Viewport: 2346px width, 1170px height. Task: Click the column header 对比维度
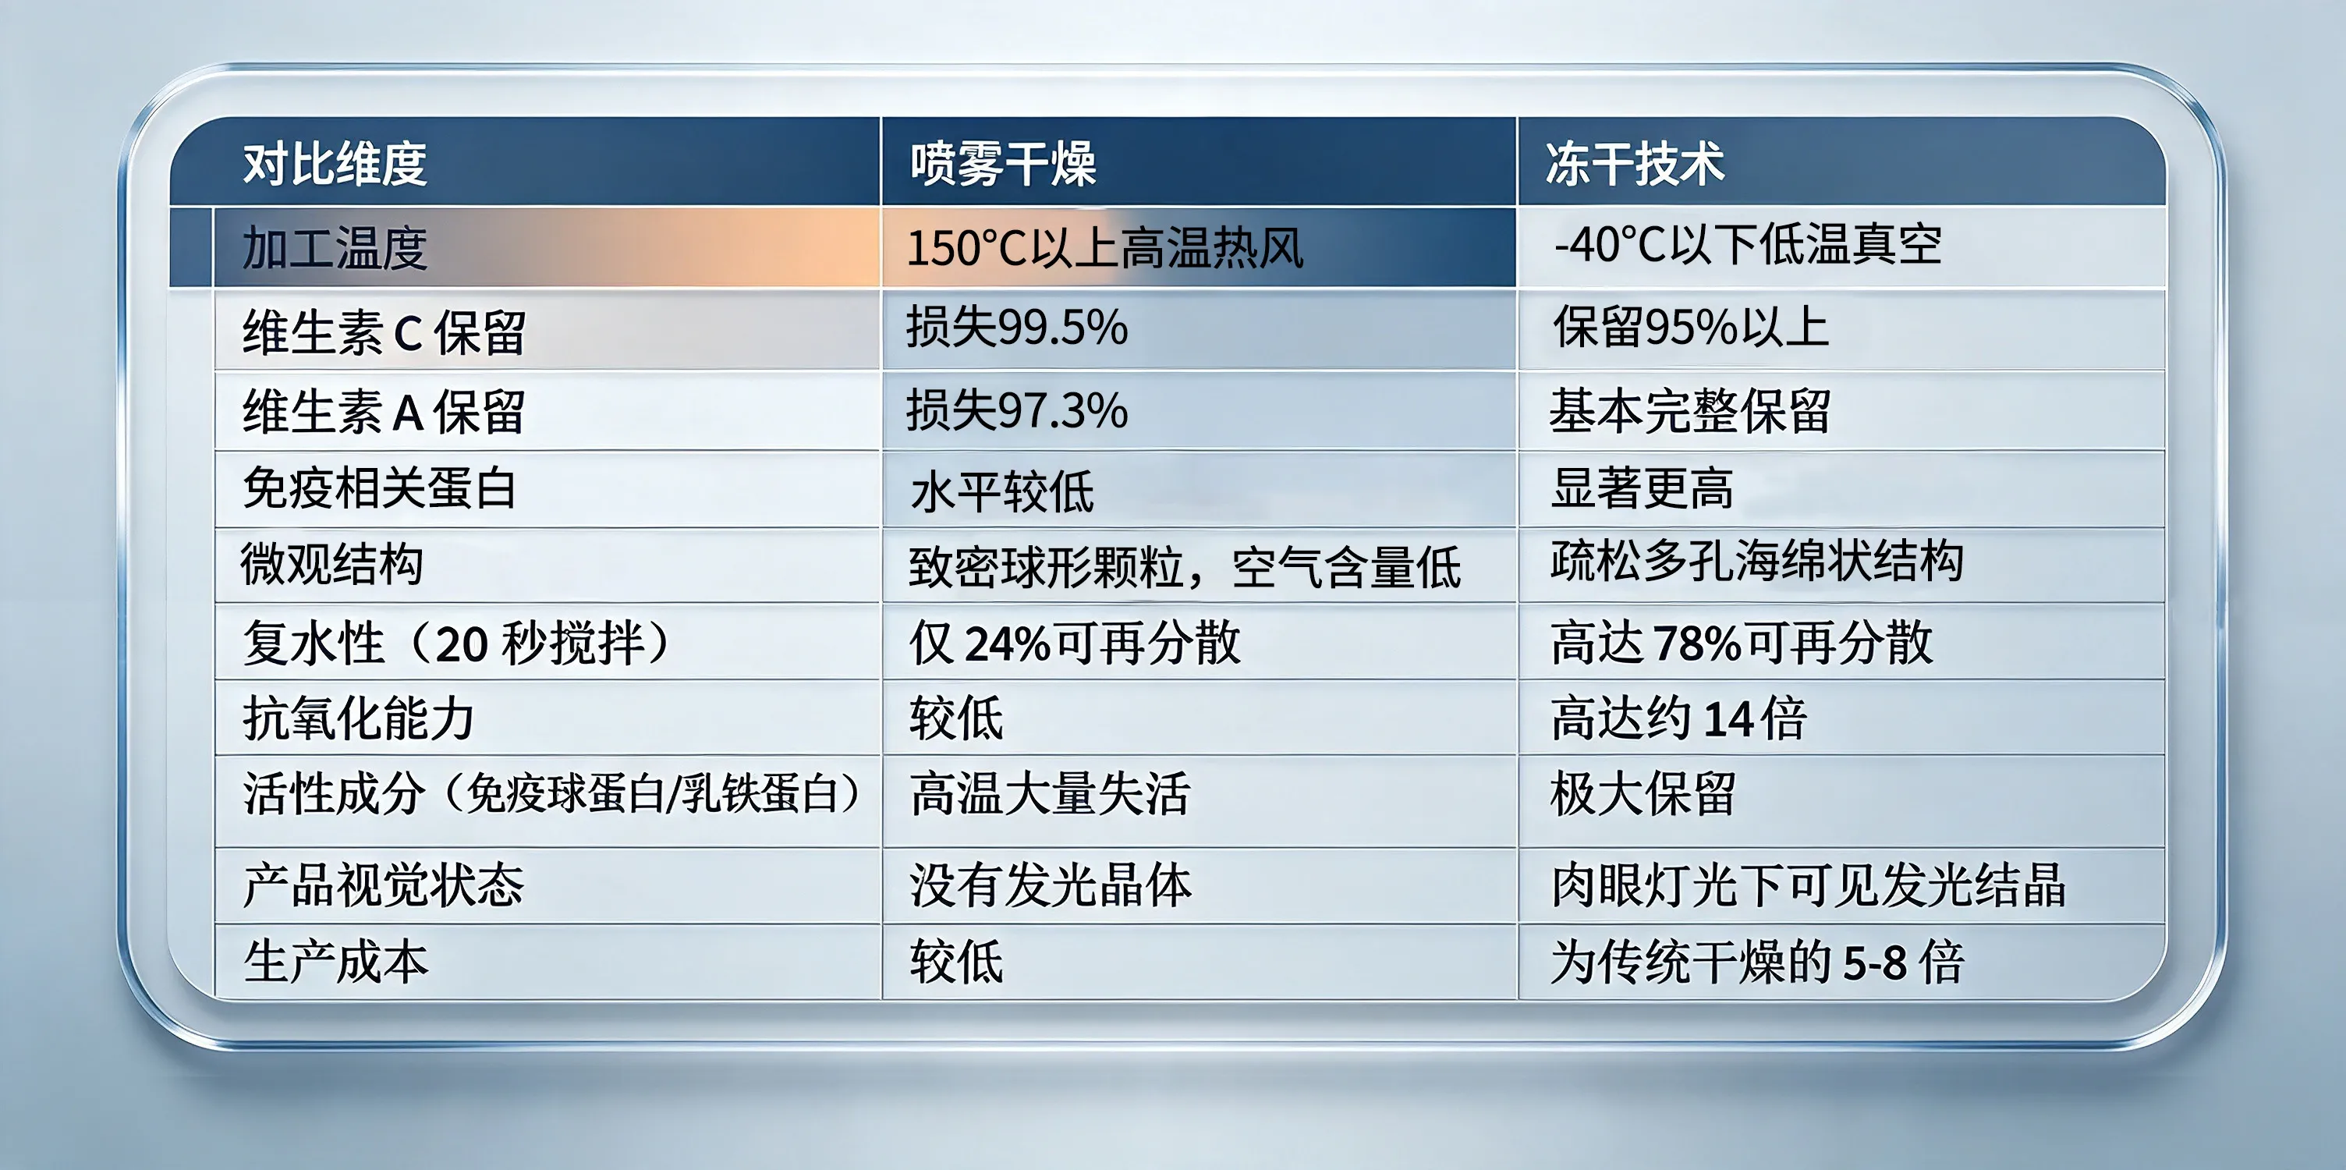335,164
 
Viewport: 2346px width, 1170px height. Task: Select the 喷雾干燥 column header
1003,164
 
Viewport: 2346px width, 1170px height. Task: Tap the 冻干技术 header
1635,164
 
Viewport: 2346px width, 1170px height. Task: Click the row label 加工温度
335,248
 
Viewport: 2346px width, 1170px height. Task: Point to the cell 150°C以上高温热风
1104,248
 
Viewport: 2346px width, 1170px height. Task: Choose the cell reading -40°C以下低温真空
1748,244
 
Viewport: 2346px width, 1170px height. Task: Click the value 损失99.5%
1016,327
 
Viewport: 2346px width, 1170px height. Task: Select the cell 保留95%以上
1690,327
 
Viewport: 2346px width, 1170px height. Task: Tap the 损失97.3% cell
1016,409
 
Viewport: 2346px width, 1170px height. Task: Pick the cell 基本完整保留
1690,410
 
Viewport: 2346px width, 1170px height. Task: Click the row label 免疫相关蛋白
380,488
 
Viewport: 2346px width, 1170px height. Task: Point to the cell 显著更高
1642,488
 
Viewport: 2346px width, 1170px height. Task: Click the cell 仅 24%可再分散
1075,642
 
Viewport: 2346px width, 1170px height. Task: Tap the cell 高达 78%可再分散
1742,642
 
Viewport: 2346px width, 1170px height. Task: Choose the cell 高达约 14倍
1678,718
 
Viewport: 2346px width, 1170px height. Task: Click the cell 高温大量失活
1050,793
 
